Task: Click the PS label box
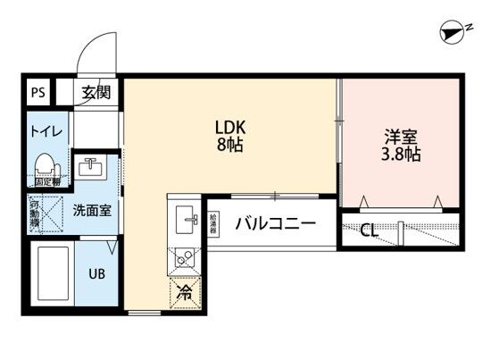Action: click(37, 90)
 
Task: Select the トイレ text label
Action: click(46, 131)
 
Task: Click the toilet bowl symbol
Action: click(45, 166)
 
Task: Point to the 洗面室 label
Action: click(90, 212)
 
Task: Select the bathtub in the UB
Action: click(54, 274)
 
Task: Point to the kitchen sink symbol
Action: click(187, 215)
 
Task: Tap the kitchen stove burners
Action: click(186, 257)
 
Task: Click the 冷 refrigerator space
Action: click(186, 291)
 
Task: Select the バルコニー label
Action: click(275, 224)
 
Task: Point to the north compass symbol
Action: click(455, 33)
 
